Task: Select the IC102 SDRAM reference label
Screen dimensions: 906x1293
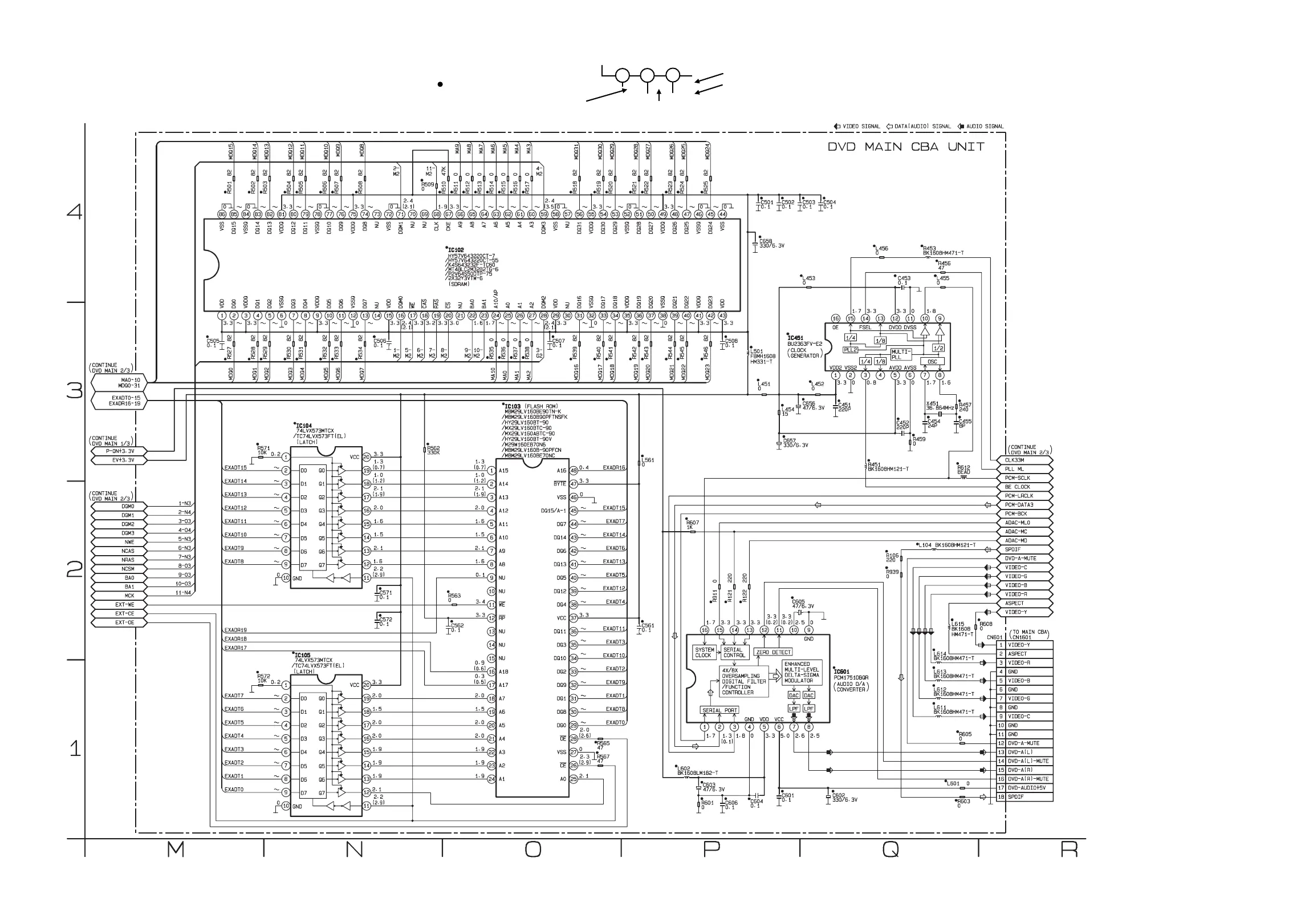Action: point(456,250)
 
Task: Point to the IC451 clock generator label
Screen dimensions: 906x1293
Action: point(795,338)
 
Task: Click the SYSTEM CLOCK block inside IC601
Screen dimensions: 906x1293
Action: point(704,652)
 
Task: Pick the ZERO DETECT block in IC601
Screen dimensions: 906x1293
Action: point(773,652)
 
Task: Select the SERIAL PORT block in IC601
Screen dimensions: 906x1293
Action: point(719,710)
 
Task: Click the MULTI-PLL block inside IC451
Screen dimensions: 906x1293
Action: point(901,354)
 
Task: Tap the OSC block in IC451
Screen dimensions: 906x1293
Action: point(932,362)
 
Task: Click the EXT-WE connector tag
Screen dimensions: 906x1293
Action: point(124,605)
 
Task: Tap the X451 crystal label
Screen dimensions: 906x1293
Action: point(932,404)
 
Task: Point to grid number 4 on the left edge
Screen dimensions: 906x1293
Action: point(75,212)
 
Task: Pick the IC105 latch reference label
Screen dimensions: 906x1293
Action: point(303,655)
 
